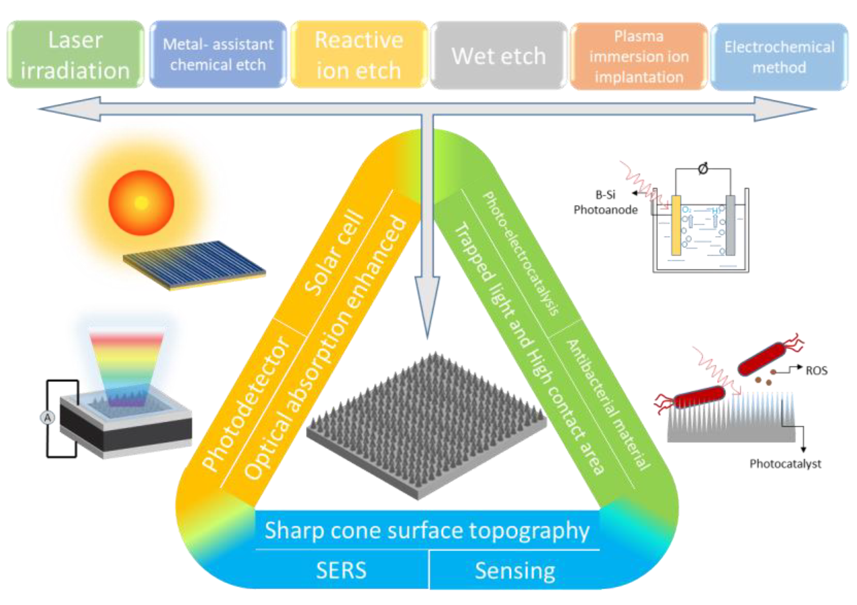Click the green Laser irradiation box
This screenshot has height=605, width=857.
click(75, 55)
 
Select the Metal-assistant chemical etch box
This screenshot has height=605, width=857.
click(218, 55)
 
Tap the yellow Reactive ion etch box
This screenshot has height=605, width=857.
click(359, 55)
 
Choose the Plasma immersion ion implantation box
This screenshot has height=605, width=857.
click(639, 57)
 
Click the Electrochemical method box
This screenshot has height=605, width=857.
click(779, 57)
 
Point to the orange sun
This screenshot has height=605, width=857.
click(141, 203)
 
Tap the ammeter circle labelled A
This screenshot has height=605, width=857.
click(47, 418)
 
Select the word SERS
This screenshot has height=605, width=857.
click(341, 570)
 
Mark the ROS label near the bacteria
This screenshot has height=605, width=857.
click(816, 371)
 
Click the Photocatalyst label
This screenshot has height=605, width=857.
click(785, 464)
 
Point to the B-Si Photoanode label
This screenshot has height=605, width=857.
click(605, 202)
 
